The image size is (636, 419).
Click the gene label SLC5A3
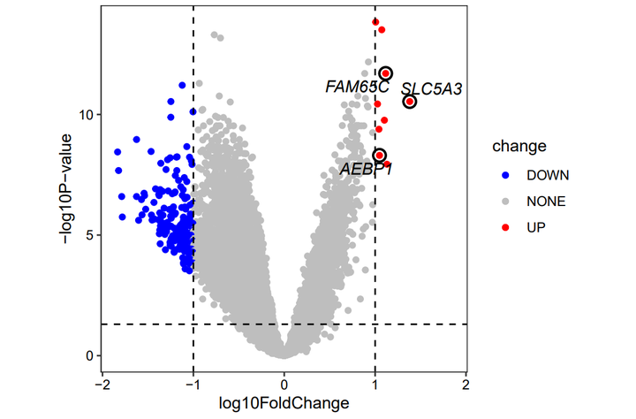pos(432,89)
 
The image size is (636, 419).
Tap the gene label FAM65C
pos(357,87)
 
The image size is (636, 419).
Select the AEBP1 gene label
pos(367,169)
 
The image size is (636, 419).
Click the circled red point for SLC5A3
pos(410,102)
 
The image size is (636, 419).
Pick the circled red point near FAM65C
pos(386,73)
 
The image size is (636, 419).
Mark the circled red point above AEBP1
pos(380,156)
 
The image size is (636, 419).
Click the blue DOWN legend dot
pos(503,174)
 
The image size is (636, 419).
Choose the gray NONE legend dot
pos(503,201)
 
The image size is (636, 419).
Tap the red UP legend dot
pos(503,227)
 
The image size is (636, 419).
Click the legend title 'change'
pos(519,146)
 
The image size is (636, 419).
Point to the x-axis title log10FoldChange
pos(284,403)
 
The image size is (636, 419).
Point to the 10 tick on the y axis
pos(85,115)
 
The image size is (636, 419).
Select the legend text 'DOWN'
pos(549,174)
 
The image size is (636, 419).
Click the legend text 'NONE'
pos(546,201)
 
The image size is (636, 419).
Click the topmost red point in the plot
pos(376,22)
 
